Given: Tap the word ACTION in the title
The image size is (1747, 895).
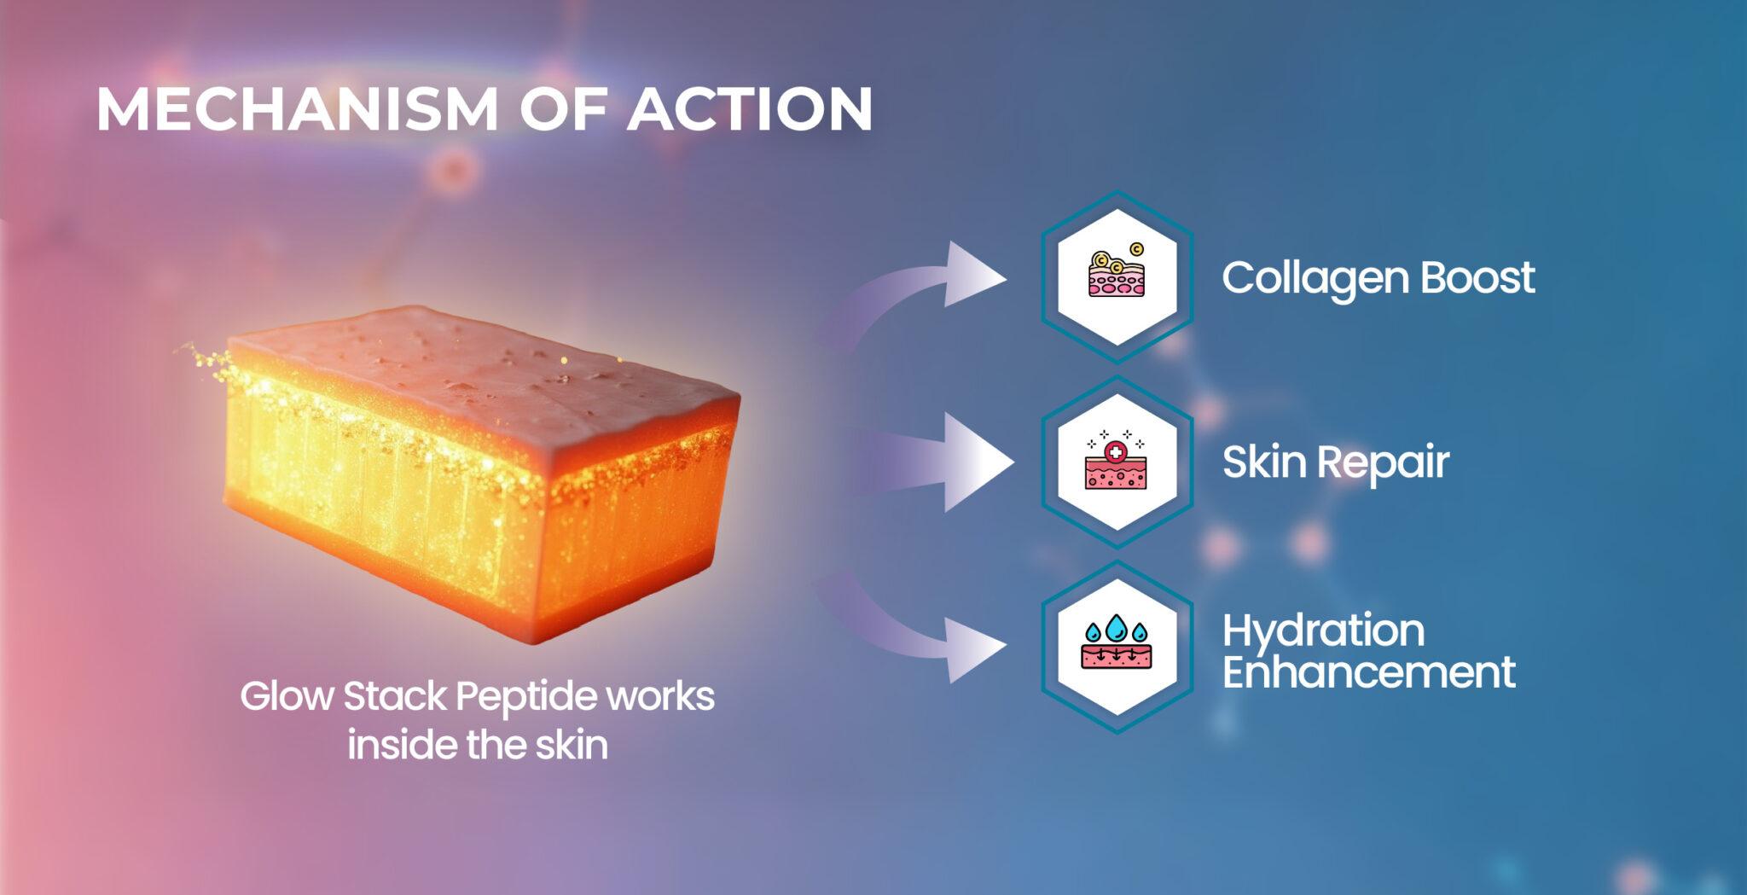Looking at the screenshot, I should coord(750,109).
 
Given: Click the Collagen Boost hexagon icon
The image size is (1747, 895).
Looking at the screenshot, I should coord(1117,276).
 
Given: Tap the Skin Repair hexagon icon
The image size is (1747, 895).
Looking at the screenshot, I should coord(1117,462).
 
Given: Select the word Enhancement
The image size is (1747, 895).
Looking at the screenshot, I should coord(1368,672).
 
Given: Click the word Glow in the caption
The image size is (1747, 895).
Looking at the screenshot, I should coord(286,696).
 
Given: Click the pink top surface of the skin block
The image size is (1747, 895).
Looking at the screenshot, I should coord(478,367).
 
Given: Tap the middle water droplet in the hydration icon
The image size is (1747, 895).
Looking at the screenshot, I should coord(1116,629).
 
